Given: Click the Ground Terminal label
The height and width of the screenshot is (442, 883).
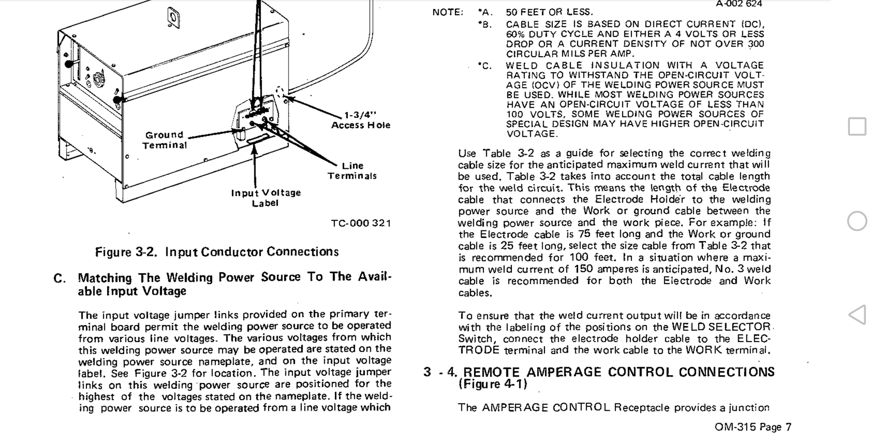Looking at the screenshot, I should (165, 140).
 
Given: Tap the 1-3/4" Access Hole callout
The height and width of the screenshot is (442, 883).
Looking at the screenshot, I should (361, 120).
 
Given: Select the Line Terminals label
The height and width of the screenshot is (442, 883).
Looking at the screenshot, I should (352, 170).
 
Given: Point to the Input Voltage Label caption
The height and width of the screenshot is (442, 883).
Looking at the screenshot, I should (266, 198).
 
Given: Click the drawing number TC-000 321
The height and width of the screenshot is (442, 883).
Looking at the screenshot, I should (361, 223).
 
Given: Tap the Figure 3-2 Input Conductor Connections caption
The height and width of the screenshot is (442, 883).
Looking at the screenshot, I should (217, 252).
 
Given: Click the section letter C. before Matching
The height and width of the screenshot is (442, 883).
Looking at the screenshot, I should (60, 279).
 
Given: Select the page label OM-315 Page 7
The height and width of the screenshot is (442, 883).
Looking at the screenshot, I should (753, 427).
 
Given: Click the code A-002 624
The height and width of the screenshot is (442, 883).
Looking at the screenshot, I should (739, 4).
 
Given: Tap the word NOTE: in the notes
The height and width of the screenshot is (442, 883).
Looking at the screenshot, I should (447, 12).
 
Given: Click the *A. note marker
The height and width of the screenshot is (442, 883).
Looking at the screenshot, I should (485, 12).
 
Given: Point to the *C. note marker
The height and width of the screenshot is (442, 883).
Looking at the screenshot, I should (485, 66).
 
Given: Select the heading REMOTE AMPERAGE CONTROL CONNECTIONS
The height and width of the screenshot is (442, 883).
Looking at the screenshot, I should (619, 372).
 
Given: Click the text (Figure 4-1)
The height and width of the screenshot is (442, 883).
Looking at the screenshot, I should (493, 384).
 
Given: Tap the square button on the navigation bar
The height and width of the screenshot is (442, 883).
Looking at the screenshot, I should (857, 127).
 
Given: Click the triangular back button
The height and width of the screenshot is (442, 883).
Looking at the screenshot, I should (857, 315).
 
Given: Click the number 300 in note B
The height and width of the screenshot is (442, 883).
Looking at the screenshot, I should (755, 44).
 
